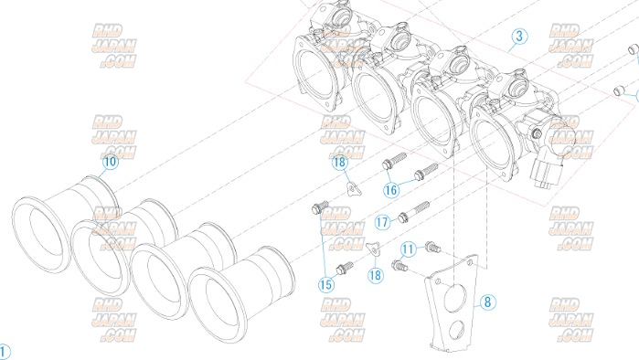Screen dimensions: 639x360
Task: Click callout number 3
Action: click(519, 37)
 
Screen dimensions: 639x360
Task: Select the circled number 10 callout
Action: click(110, 162)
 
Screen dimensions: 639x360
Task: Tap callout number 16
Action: click(391, 190)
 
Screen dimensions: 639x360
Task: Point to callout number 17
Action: click(383, 222)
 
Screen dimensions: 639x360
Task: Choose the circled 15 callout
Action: click(326, 285)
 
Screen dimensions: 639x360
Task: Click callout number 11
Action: click(409, 249)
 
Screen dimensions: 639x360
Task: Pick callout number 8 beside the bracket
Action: click(487, 302)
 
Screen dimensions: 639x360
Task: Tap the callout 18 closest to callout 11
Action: click(376, 275)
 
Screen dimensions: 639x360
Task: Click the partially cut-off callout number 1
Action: click(4, 352)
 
